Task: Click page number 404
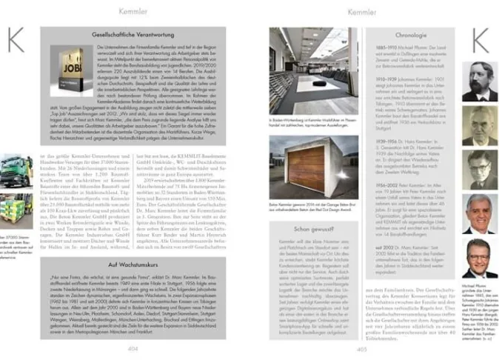click(x=133, y=348)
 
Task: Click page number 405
click(x=362, y=348)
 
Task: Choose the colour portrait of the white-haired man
click(x=479, y=214)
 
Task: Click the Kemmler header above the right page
click(x=362, y=12)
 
